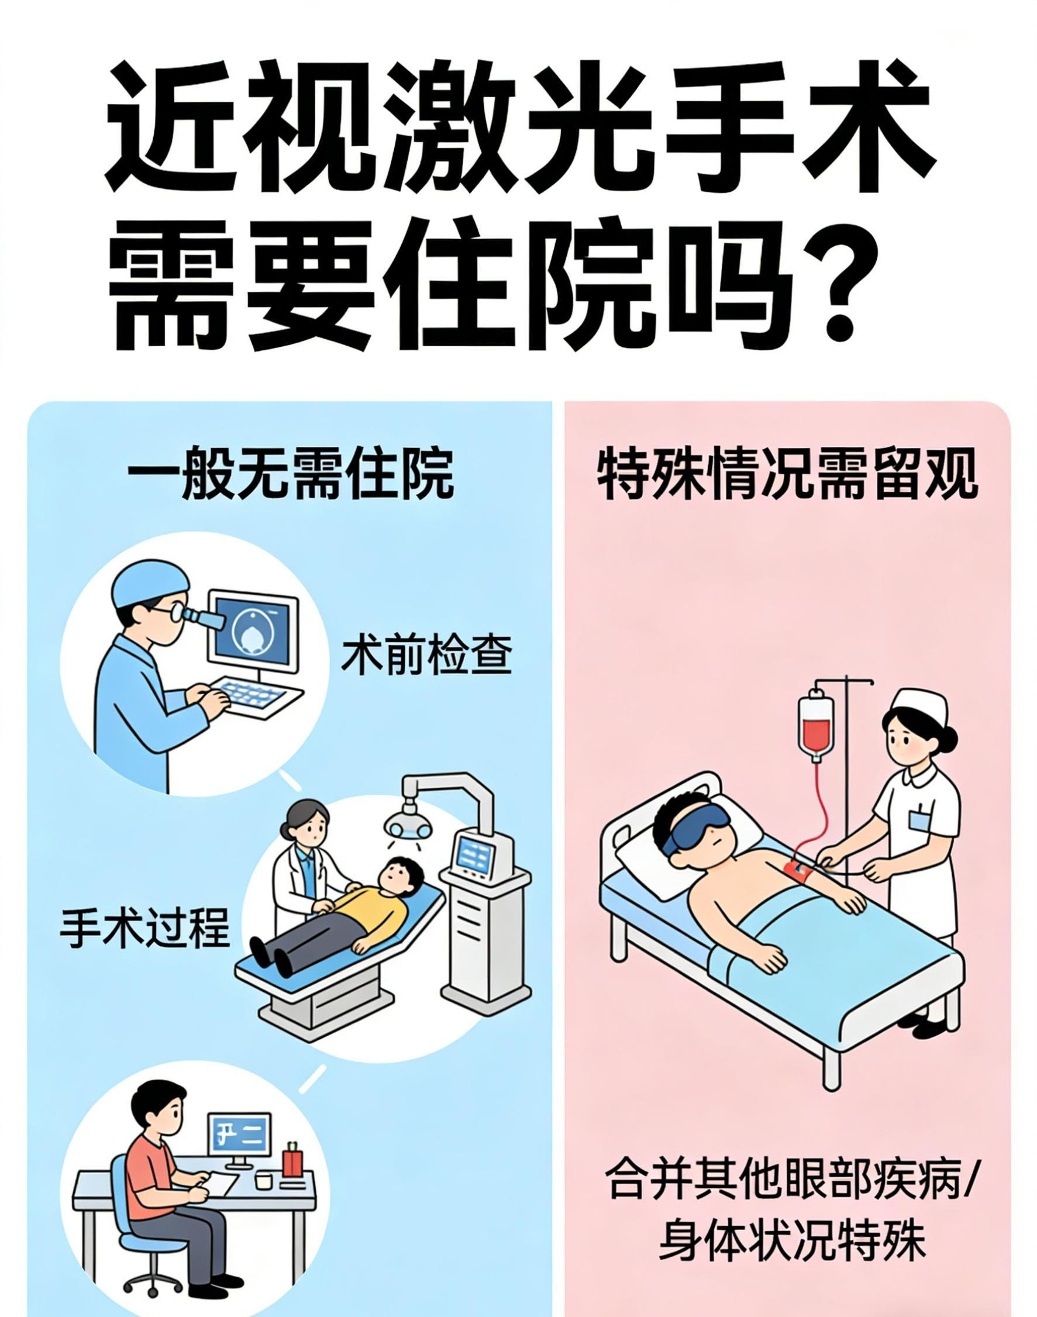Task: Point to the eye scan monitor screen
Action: tap(253, 629)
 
